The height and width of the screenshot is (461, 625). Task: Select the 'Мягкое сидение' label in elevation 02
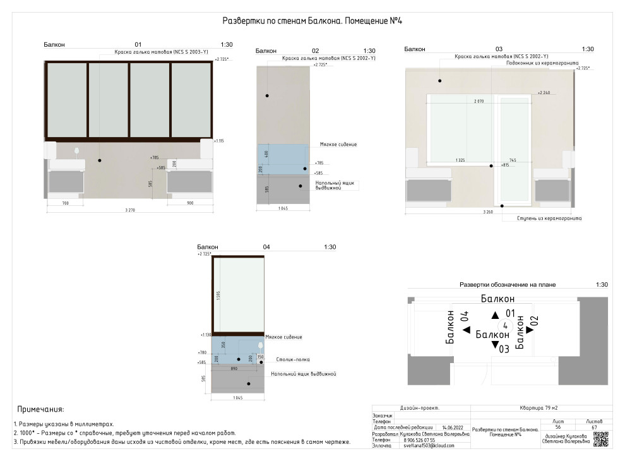[338, 145]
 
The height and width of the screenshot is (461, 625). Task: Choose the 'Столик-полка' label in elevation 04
[293, 359]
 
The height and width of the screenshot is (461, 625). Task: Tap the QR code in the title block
[600, 438]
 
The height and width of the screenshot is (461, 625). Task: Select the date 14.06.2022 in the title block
[453, 428]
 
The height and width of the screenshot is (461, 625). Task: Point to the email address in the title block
[429, 445]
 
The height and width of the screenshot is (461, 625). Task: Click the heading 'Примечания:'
[40, 410]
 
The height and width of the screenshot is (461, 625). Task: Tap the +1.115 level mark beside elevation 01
[219, 141]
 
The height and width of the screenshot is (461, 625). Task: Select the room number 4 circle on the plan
[505, 325]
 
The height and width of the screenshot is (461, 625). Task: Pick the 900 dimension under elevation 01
[189, 204]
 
